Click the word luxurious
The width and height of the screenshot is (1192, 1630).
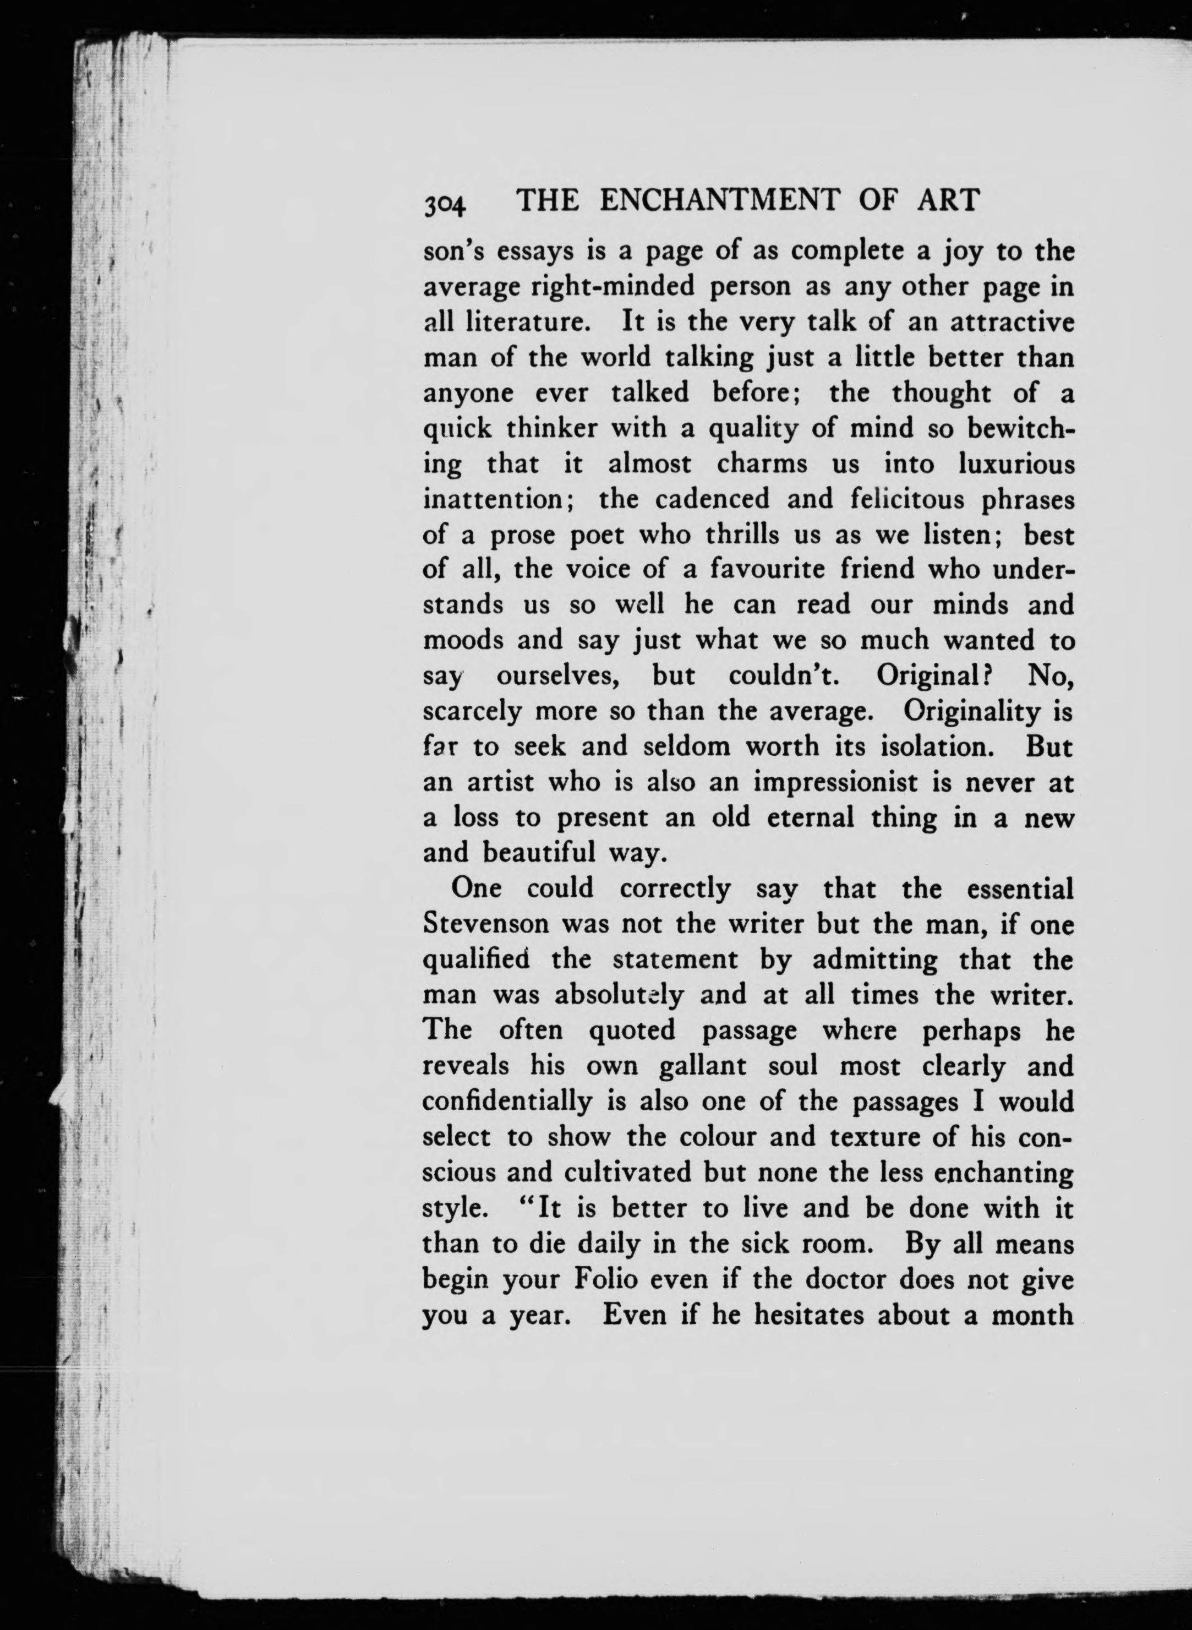[1016, 464]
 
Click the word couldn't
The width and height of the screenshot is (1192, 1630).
[781, 676]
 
